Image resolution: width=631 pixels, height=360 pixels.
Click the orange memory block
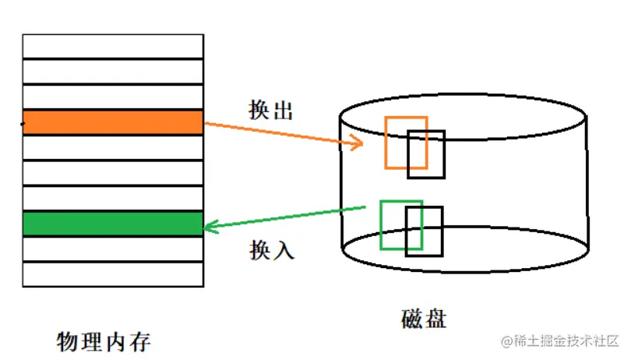click(113, 122)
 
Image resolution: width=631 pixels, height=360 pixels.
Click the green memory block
click(113, 224)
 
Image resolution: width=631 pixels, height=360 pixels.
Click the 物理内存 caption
click(104, 341)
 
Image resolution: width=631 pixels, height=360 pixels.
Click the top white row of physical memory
click(113, 46)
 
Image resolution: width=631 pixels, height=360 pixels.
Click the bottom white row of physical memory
click(113, 274)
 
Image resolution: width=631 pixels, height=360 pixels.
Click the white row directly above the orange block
click(113, 97)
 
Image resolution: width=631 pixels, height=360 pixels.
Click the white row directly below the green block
click(113, 249)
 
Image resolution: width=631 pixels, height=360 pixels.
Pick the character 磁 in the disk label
click(412, 319)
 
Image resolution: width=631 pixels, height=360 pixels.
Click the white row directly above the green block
click(113, 199)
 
